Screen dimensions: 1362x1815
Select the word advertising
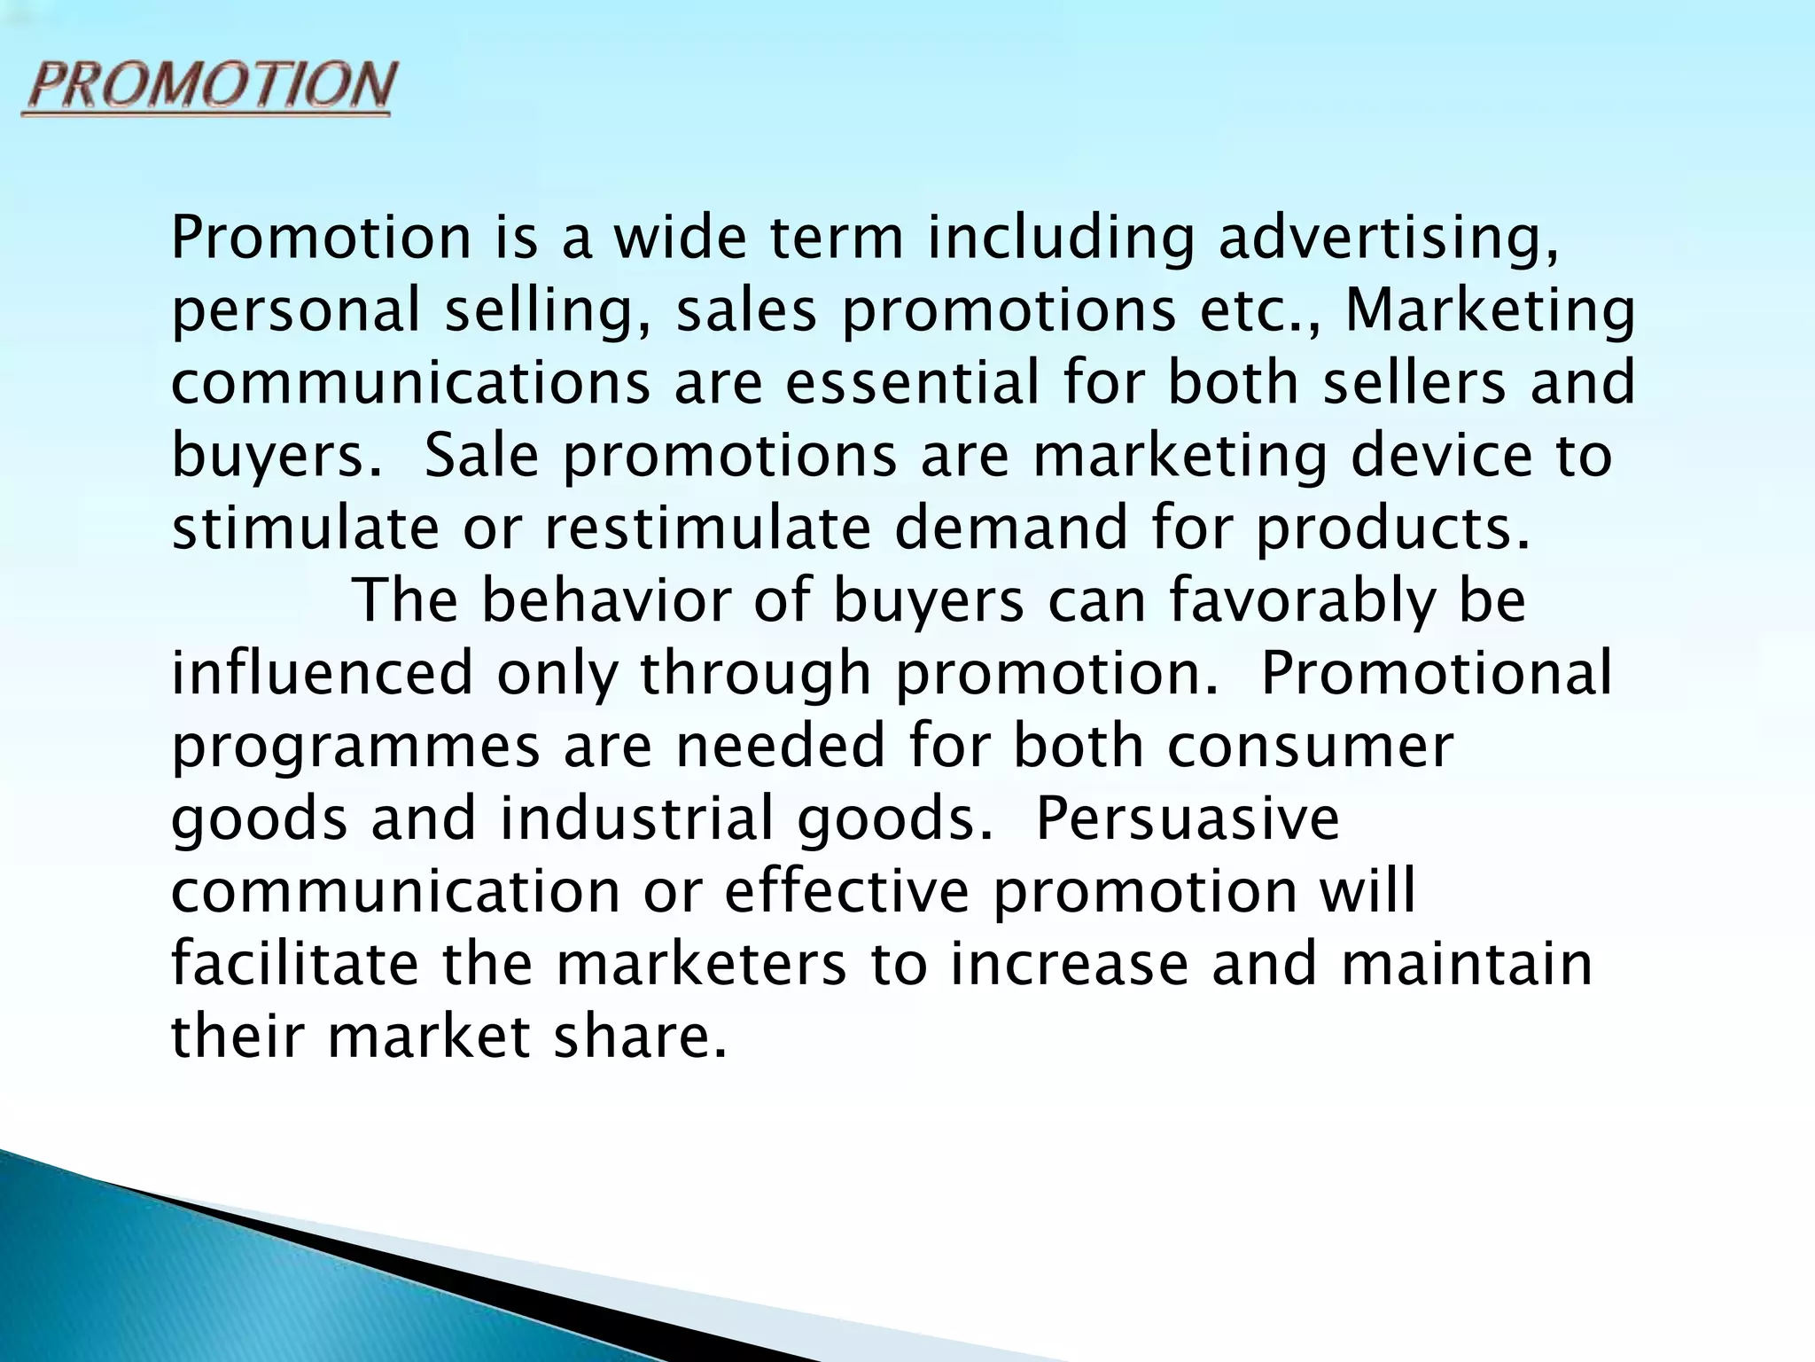(1386, 239)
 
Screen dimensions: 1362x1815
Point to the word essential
(912, 383)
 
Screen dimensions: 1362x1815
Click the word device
(1441, 456)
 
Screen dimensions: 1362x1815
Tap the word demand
(1010, 528)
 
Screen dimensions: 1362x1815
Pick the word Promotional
(1436, 674)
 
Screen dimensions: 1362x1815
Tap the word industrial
(637, 819)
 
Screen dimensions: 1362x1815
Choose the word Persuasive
(1187, 819)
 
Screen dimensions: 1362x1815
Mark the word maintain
(1466, 965)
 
